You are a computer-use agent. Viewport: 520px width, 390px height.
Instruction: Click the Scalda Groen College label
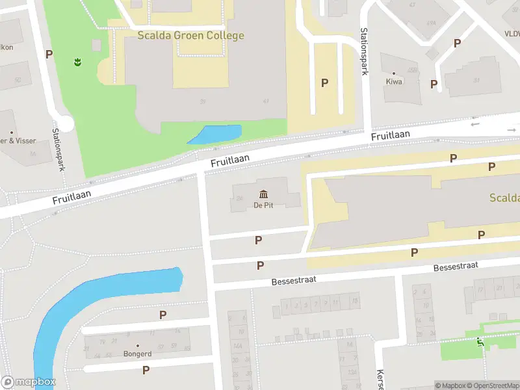pos(190,35)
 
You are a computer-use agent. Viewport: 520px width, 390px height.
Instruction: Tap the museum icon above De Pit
pos(264,194)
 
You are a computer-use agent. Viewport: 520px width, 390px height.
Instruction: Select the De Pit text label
pos(264,206)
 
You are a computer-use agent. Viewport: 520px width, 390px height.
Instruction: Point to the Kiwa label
pos(394,82)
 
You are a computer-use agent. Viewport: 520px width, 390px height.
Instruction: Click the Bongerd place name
pos(137,354)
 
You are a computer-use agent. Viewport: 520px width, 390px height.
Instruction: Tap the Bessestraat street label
pos(456,267)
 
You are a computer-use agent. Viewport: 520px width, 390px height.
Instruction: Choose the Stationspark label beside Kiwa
pos(365,52)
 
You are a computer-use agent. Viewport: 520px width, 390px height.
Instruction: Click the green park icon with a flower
pos(77,62)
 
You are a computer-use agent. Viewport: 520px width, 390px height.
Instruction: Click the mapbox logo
pos(27,382)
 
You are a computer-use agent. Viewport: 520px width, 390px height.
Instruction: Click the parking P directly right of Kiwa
pos(434,84)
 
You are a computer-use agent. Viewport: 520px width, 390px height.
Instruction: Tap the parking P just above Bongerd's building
pos(162,315)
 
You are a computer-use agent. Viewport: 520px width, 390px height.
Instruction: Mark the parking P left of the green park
pos(49,54)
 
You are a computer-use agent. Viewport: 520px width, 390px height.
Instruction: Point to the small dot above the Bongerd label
pos(137,345)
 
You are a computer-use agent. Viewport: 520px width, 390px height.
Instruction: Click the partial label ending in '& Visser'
pos(18,140)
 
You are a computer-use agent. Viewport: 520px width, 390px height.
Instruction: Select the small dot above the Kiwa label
pos(393,73)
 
